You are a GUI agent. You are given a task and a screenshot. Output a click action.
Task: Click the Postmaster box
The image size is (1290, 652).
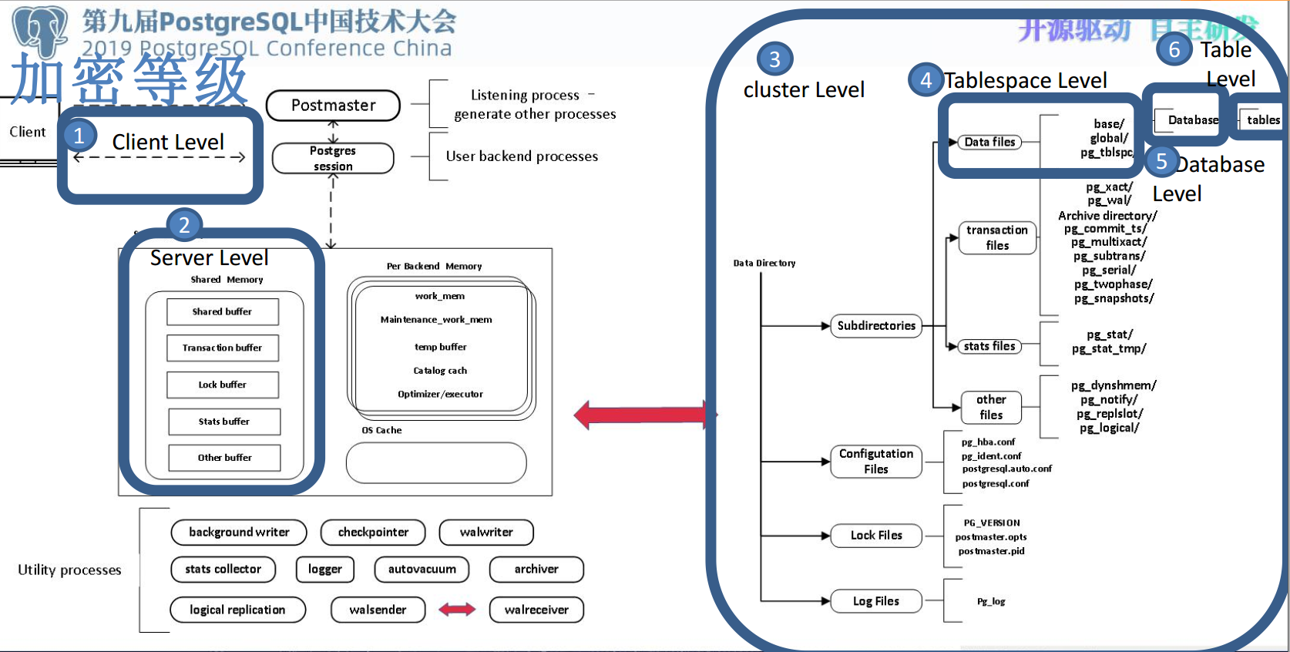tap(333, 106)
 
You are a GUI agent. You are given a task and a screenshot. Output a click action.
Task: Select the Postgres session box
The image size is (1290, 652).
tap(333, 158)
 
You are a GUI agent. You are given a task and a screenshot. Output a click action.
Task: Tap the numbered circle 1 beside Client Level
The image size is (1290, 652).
tap(79, 136)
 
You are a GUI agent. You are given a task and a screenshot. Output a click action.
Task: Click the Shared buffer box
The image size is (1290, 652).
tap(223, 312)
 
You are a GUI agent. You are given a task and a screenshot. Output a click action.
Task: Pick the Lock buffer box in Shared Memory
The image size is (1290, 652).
tap(223, 385)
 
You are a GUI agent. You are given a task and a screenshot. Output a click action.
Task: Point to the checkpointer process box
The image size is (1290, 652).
tap(373, 532)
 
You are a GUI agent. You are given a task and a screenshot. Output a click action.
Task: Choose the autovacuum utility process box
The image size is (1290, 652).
tap(422, 570)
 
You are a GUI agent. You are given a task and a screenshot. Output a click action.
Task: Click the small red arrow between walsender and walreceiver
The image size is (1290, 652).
tap(457, 610)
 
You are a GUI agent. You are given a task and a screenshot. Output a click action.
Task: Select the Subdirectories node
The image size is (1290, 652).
tap(876, 326)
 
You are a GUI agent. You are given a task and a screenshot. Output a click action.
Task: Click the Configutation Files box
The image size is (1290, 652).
tap(876, 462)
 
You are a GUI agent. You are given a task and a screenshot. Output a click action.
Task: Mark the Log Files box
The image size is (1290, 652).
tap(876, 601)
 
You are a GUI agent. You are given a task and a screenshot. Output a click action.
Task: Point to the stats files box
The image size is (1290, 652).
tap(989, 347)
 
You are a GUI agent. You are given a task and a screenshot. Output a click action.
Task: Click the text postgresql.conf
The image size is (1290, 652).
tap(996, 484)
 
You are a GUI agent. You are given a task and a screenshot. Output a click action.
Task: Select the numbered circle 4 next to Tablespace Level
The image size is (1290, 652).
tap(926, 80)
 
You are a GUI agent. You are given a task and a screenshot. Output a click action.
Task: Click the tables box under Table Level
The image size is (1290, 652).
tap(1262, 119)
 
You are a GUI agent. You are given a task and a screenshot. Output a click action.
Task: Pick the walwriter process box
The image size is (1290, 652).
tap(486, 532)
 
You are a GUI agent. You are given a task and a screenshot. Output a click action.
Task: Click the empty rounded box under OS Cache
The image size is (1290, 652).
tap(436, 463)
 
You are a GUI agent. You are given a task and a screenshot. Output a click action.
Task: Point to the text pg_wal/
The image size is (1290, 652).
tap(1109, 200)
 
